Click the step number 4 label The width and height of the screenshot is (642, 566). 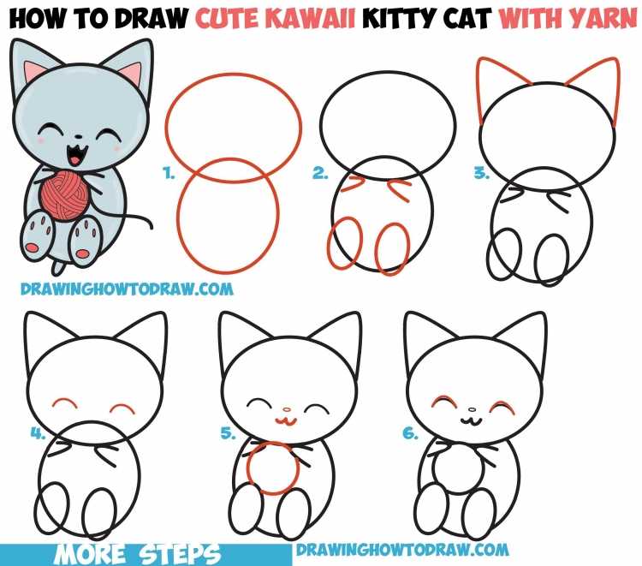point(37,433)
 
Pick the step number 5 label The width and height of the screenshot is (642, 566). point(228,433)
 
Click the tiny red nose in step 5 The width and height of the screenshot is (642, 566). point(288,409)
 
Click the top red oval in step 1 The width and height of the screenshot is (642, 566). point(233,121)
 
